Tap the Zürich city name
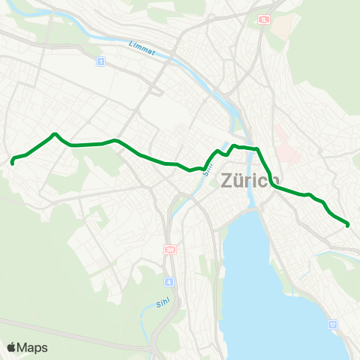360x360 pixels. tap(250, 180)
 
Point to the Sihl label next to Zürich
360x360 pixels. tap(209, 160)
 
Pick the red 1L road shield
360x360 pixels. tap(263, 20)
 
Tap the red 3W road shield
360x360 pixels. tap(170, 249)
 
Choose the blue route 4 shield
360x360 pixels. tap(170, 282)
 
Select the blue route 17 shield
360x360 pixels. tap(332, 324)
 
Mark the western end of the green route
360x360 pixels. tap(12, 160)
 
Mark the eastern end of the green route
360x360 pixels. tap(348, 223)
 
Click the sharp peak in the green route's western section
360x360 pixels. tap(54, 135)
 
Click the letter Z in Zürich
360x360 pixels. tap(229, 180)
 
